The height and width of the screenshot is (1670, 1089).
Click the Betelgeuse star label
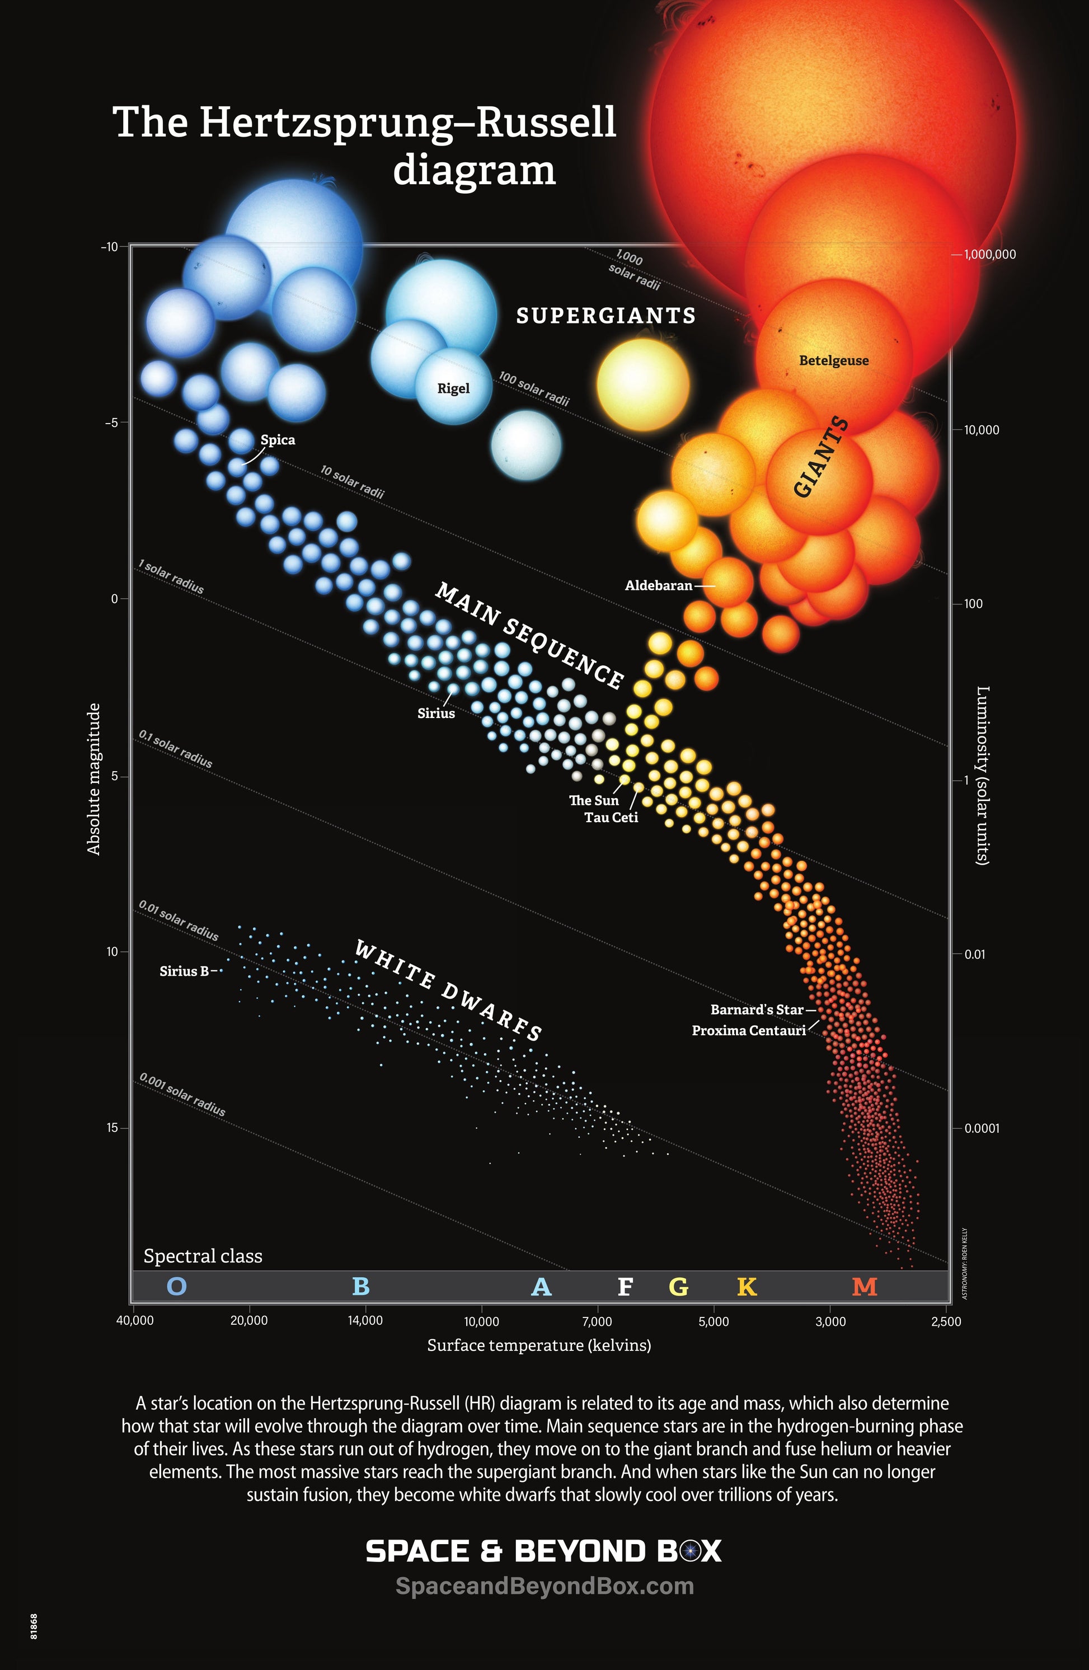point(834,360)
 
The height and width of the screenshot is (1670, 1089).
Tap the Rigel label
point(453,389)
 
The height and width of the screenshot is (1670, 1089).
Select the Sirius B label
point(184,971)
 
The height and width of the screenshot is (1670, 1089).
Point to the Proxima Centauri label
point(749,1031)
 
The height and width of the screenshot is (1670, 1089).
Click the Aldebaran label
point(658,585)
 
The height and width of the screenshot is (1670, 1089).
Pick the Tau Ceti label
point(611,818)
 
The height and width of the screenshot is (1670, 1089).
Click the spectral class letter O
point(177,1286)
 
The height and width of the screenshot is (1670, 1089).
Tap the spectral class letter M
point(865,1286)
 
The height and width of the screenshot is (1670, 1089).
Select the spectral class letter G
point(678,1286)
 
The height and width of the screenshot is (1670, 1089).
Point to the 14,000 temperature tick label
point(365,1321)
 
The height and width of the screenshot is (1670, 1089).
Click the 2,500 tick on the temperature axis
point(946,1321)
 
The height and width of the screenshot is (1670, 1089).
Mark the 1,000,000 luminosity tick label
point(989,255)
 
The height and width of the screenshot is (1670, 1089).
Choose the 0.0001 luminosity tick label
point(981,1128)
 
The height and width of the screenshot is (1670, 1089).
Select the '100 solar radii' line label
point(534,389)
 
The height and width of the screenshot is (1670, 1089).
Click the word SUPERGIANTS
point(606,316)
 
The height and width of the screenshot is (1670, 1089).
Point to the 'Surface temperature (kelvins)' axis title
point(539,1345)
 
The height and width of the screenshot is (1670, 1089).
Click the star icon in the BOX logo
point(691,1551)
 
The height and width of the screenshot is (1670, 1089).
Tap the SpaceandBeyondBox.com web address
point(544,1586)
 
